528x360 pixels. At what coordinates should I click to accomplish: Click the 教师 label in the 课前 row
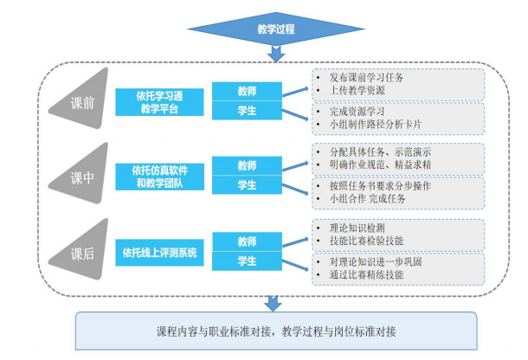tap(248, 90)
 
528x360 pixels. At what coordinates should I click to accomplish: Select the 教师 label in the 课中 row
tap(248, 166)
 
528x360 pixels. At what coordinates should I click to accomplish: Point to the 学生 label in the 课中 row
tap(248, 185)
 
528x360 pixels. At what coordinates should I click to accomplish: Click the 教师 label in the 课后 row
tap(248, 241)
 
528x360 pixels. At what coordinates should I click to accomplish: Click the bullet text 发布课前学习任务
tap(373, 77)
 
